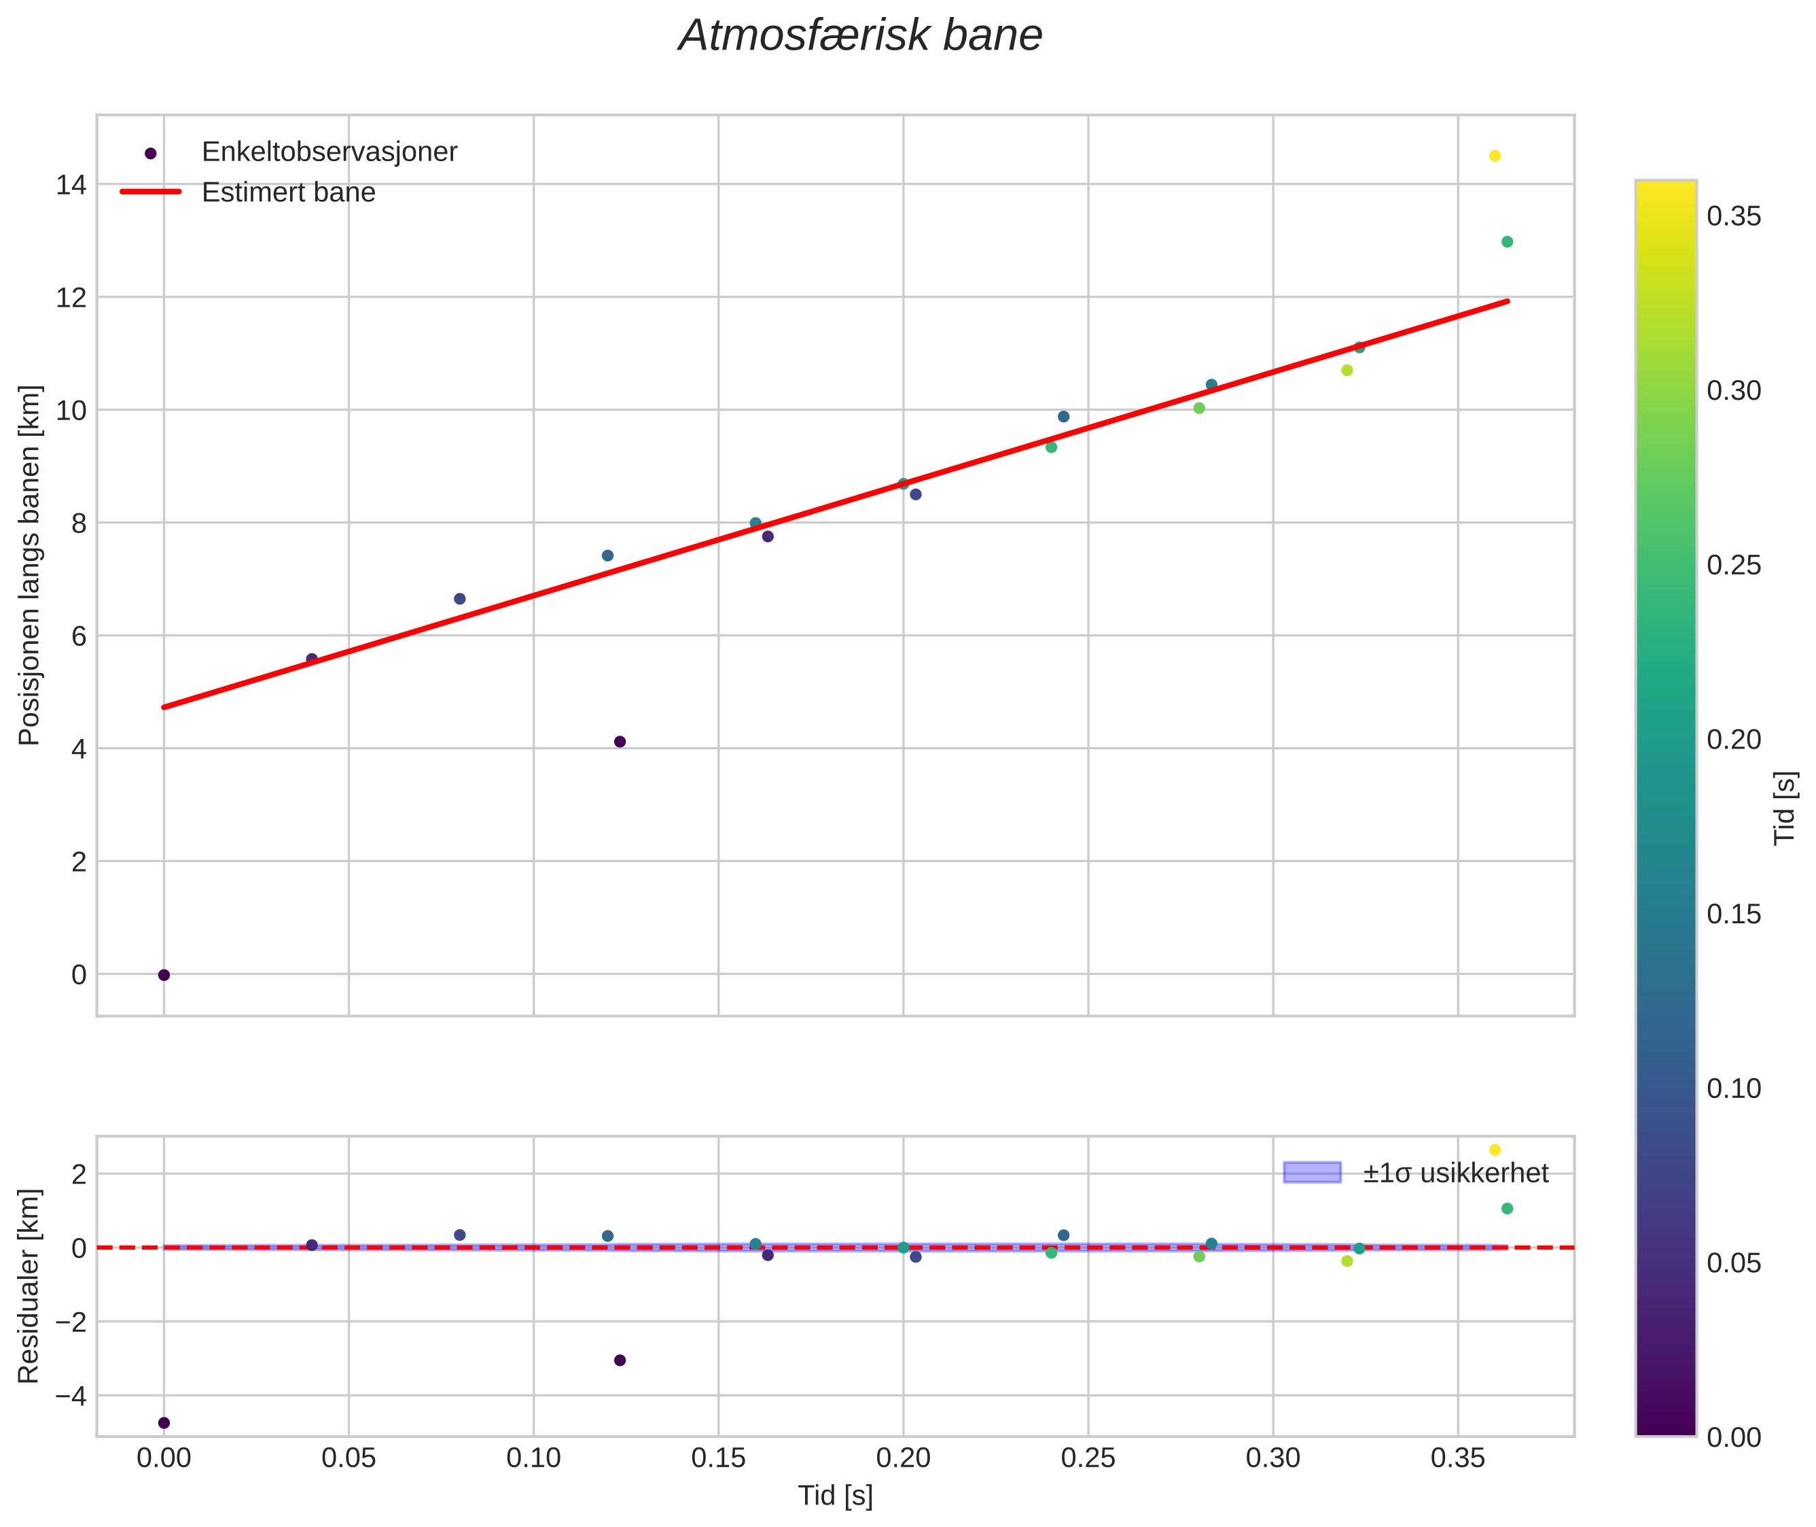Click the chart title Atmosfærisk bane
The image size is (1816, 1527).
tap(860, 36)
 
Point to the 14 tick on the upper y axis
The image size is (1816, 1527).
tap(72, 184)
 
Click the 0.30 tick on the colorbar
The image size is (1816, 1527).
tap(1734, 390)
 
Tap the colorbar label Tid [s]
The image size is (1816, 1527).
tap(1785, 808)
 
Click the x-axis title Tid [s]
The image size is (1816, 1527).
tap(835, 1496)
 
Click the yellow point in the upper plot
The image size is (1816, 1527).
tap(1494, 156)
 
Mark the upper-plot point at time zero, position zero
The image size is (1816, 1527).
tap(164, 975)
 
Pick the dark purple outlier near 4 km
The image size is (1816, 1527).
tap(620, 742)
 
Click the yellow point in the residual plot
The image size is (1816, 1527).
tap(1494, 1150)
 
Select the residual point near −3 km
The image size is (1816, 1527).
tap(620, 1360)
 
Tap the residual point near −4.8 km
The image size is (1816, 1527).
tap(164, 1422)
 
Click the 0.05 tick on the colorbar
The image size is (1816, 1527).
tap(1734, 1263)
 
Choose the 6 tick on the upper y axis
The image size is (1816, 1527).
tap(79, 636)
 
